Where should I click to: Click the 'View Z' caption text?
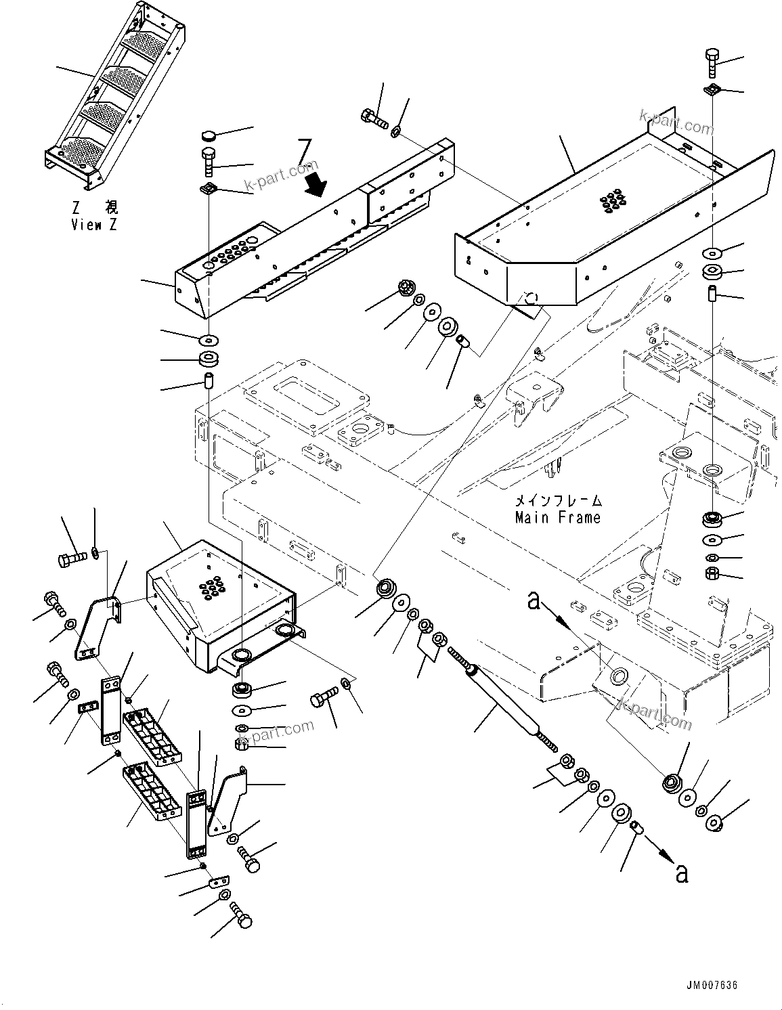pyautogui.click(x=94, y=225)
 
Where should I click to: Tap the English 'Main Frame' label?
pyautogui.click(x=557, y=518)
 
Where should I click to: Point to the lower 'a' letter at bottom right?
pyautogui.click(x=681, y=873)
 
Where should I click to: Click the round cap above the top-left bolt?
pyautogui.click(x=209, y=135)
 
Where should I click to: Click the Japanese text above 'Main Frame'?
pyautogui.click(x=558, y=502)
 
